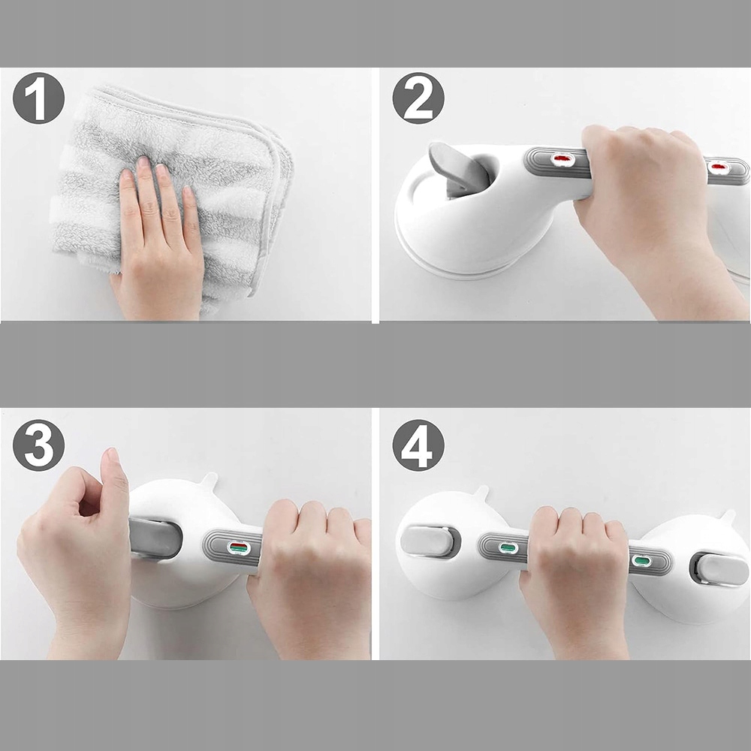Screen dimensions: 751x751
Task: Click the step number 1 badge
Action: pyautogui.click(x=38, y=98)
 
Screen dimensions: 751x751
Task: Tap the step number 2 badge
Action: pyautogui.click(x=418, y=98)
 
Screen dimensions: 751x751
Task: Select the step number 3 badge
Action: pyautogui.click(x=38, y=445)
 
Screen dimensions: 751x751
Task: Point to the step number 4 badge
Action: pyautogui.click(x=418, y=445)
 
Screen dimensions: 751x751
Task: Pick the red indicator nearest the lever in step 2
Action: pyautogui.click(x=562, y=158)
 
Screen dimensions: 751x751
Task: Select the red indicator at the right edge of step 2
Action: pyautogui.click(x=719, y=167)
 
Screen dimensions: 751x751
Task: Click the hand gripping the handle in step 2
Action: pyautogui.click(x=656, y=211)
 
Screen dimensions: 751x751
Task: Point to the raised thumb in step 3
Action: pyautogui.click(x=114, y=484)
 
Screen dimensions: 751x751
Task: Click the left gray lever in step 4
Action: pyautogui.click(x=427, y=541)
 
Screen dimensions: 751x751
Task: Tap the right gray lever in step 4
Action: pyautogui.click(x=721, y=569)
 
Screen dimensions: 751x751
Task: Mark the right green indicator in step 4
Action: pyautogui.click(x=640, y=560)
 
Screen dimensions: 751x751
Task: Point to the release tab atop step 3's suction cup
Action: pyautogui.click(x=209, y=480)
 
